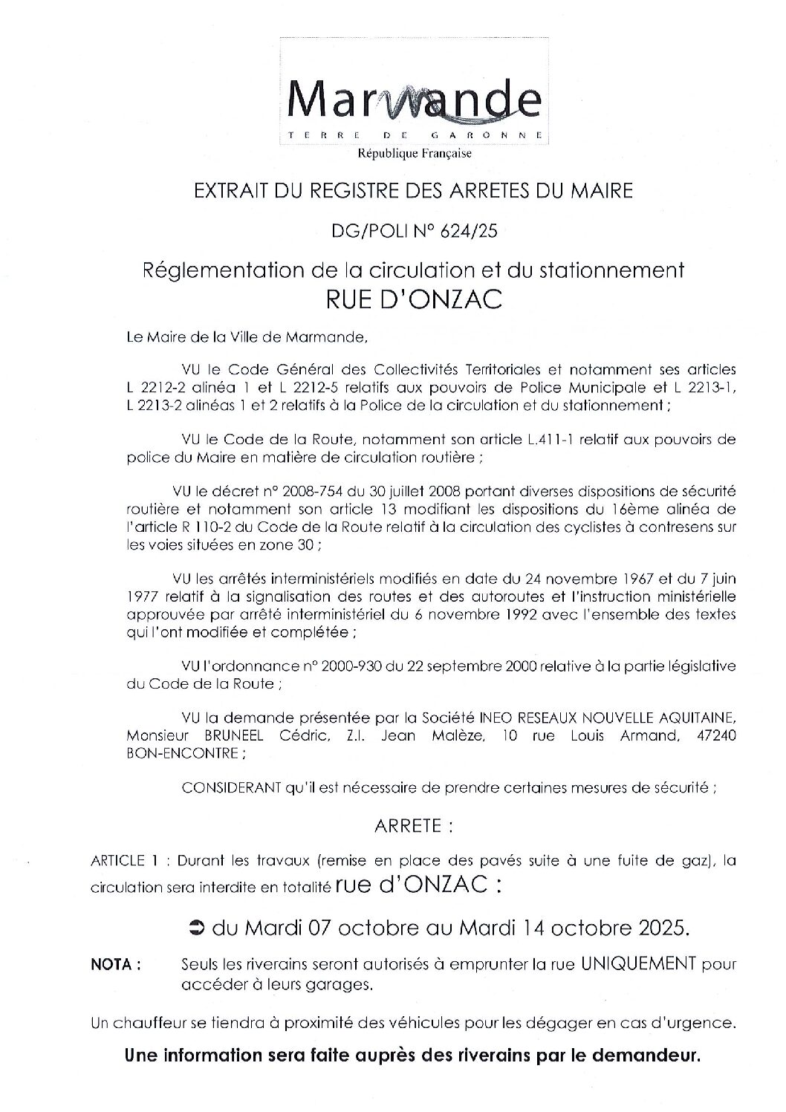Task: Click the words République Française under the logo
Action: click(415, 154)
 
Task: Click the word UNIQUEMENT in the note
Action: click(637, 964)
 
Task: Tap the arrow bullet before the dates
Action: click(197, 927)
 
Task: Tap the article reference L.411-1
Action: click(528, 440)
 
